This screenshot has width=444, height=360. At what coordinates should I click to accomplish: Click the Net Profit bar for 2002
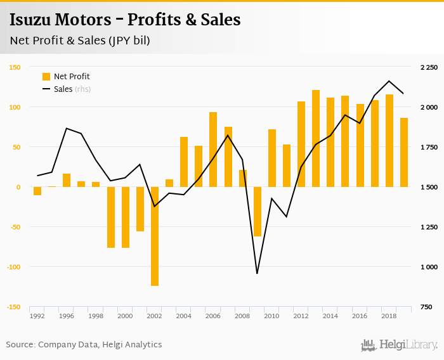pos(155,236)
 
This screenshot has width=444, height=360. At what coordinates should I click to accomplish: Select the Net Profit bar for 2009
pos(258,212)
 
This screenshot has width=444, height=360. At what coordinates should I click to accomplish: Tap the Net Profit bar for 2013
pos(316,138)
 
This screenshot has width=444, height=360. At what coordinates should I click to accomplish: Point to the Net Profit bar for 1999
pos(111,217)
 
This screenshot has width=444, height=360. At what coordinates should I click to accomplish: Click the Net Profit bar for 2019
pos(404,152)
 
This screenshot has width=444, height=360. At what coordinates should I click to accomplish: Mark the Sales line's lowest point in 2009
pos(257,273)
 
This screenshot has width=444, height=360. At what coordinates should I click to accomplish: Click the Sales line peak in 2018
pos(389,81)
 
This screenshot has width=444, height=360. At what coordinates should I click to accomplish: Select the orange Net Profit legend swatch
pos(46,77)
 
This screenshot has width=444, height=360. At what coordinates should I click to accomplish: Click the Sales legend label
pos(63,89)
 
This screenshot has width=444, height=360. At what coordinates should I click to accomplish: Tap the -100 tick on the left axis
pos(14,267)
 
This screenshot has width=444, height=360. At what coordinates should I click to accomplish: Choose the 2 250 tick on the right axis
pos(429,67)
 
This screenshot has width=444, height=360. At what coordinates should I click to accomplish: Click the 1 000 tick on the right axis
pos(429,267)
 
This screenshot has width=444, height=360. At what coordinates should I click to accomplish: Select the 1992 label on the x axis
pos(37,316)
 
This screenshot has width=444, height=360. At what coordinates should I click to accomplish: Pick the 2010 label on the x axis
pos(272,316)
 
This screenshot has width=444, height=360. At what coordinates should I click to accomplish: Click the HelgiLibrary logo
pos(399,345)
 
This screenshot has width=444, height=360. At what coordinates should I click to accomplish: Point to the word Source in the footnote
pos(20,345)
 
